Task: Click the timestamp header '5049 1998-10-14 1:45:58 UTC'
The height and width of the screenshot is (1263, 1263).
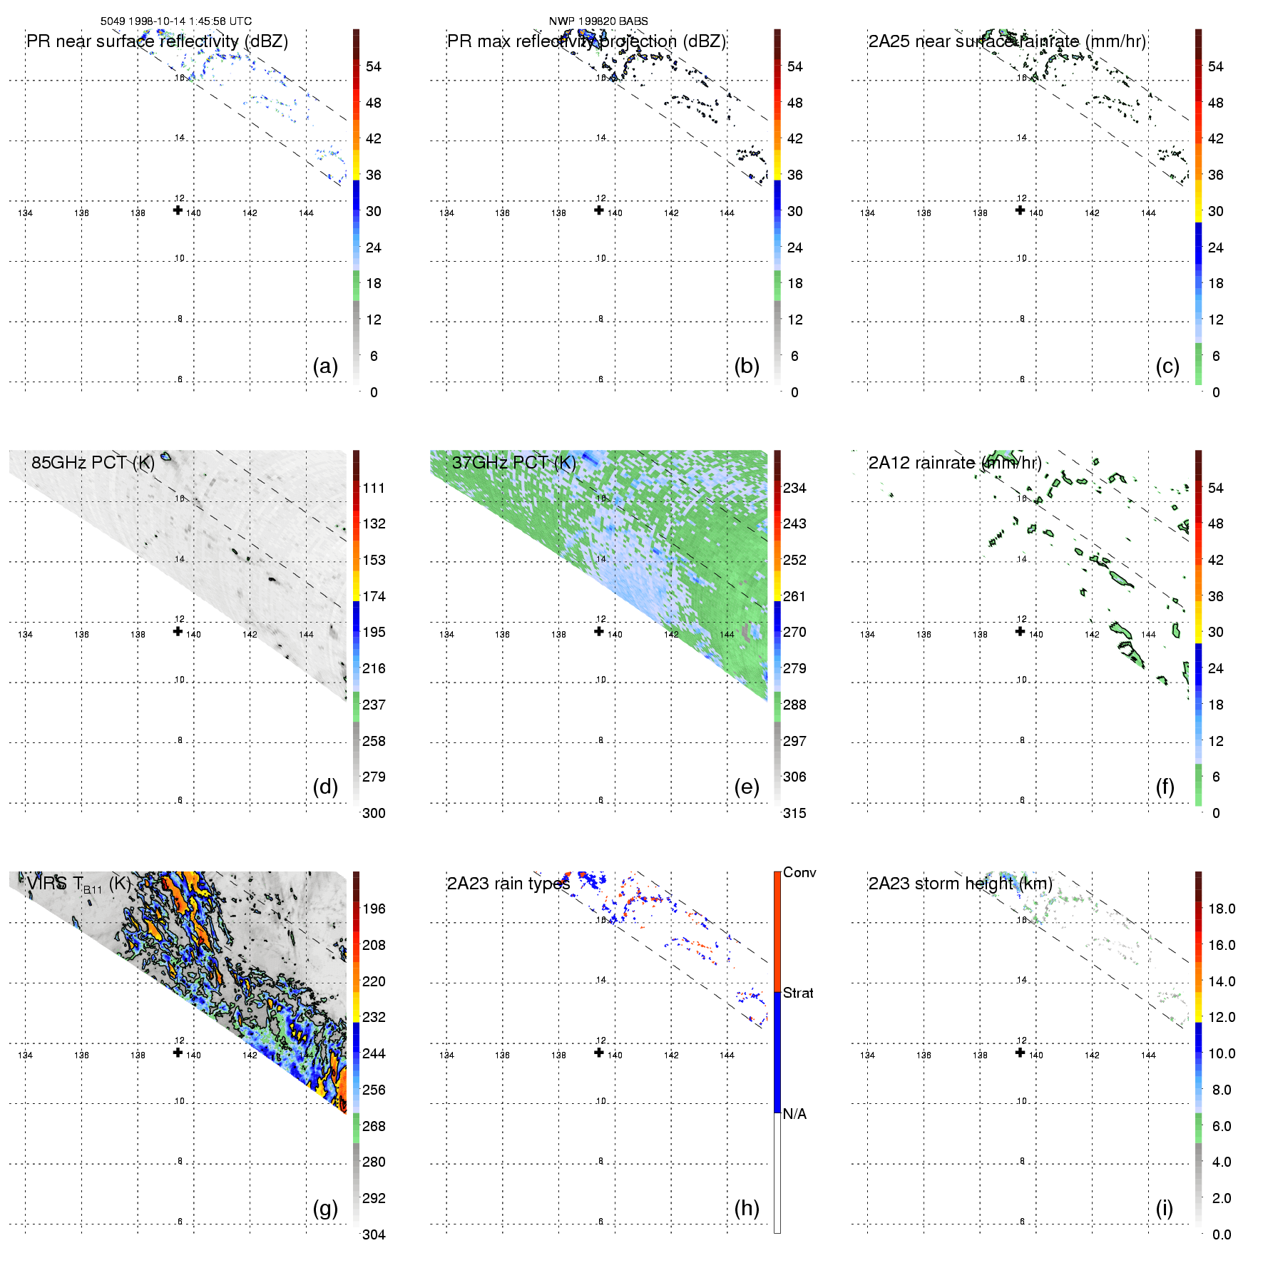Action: click(175, 21)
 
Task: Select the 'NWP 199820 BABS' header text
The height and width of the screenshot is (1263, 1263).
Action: click(598, 21)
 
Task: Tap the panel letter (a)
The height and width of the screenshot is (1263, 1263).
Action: click(325, 366)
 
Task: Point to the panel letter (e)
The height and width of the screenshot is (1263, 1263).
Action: click(747, 787)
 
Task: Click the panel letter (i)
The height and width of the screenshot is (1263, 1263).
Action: click(1164, 1208)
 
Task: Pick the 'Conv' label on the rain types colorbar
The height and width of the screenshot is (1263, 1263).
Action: click(799, 872)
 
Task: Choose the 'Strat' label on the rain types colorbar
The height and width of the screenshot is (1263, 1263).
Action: click(798, 993)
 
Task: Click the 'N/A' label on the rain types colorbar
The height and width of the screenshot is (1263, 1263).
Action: click(794, 1114)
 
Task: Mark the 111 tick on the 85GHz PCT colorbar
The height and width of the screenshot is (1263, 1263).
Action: click(374, 488)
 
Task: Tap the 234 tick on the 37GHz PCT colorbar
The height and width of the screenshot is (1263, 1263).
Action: click(794, 488)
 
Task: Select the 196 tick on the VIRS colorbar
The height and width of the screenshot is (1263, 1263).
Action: click(374, 909)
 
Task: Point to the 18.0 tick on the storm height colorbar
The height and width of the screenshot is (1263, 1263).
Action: click(1221, 909)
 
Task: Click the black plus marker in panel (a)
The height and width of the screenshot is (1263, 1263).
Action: click(178, 210)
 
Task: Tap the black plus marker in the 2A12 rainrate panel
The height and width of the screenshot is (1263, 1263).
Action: click(1020, 631)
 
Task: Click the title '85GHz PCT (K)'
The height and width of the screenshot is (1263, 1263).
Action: click(93, 462)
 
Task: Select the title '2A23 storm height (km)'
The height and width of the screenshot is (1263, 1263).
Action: click(960, 884)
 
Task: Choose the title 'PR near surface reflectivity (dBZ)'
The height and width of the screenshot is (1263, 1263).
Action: click(157, 41)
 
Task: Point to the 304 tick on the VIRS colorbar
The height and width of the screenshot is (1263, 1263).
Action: click(374, 1234)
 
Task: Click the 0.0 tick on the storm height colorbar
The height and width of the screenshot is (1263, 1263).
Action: click(1221, 1234)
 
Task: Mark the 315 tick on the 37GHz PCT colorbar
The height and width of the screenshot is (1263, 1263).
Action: click(794, 813)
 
